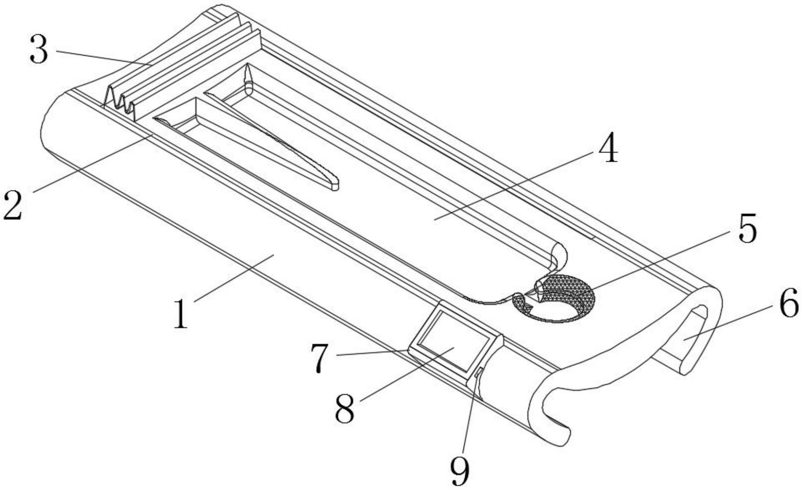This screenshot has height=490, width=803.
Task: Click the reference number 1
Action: coord(181,314)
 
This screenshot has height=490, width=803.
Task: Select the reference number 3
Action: coord(39,50)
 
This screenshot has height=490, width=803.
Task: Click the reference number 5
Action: coord(747,229)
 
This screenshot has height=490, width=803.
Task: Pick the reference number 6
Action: coord(788,303)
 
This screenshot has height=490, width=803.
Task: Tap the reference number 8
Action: coord(345,409)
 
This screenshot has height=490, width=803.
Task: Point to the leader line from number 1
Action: coord(233,278)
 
